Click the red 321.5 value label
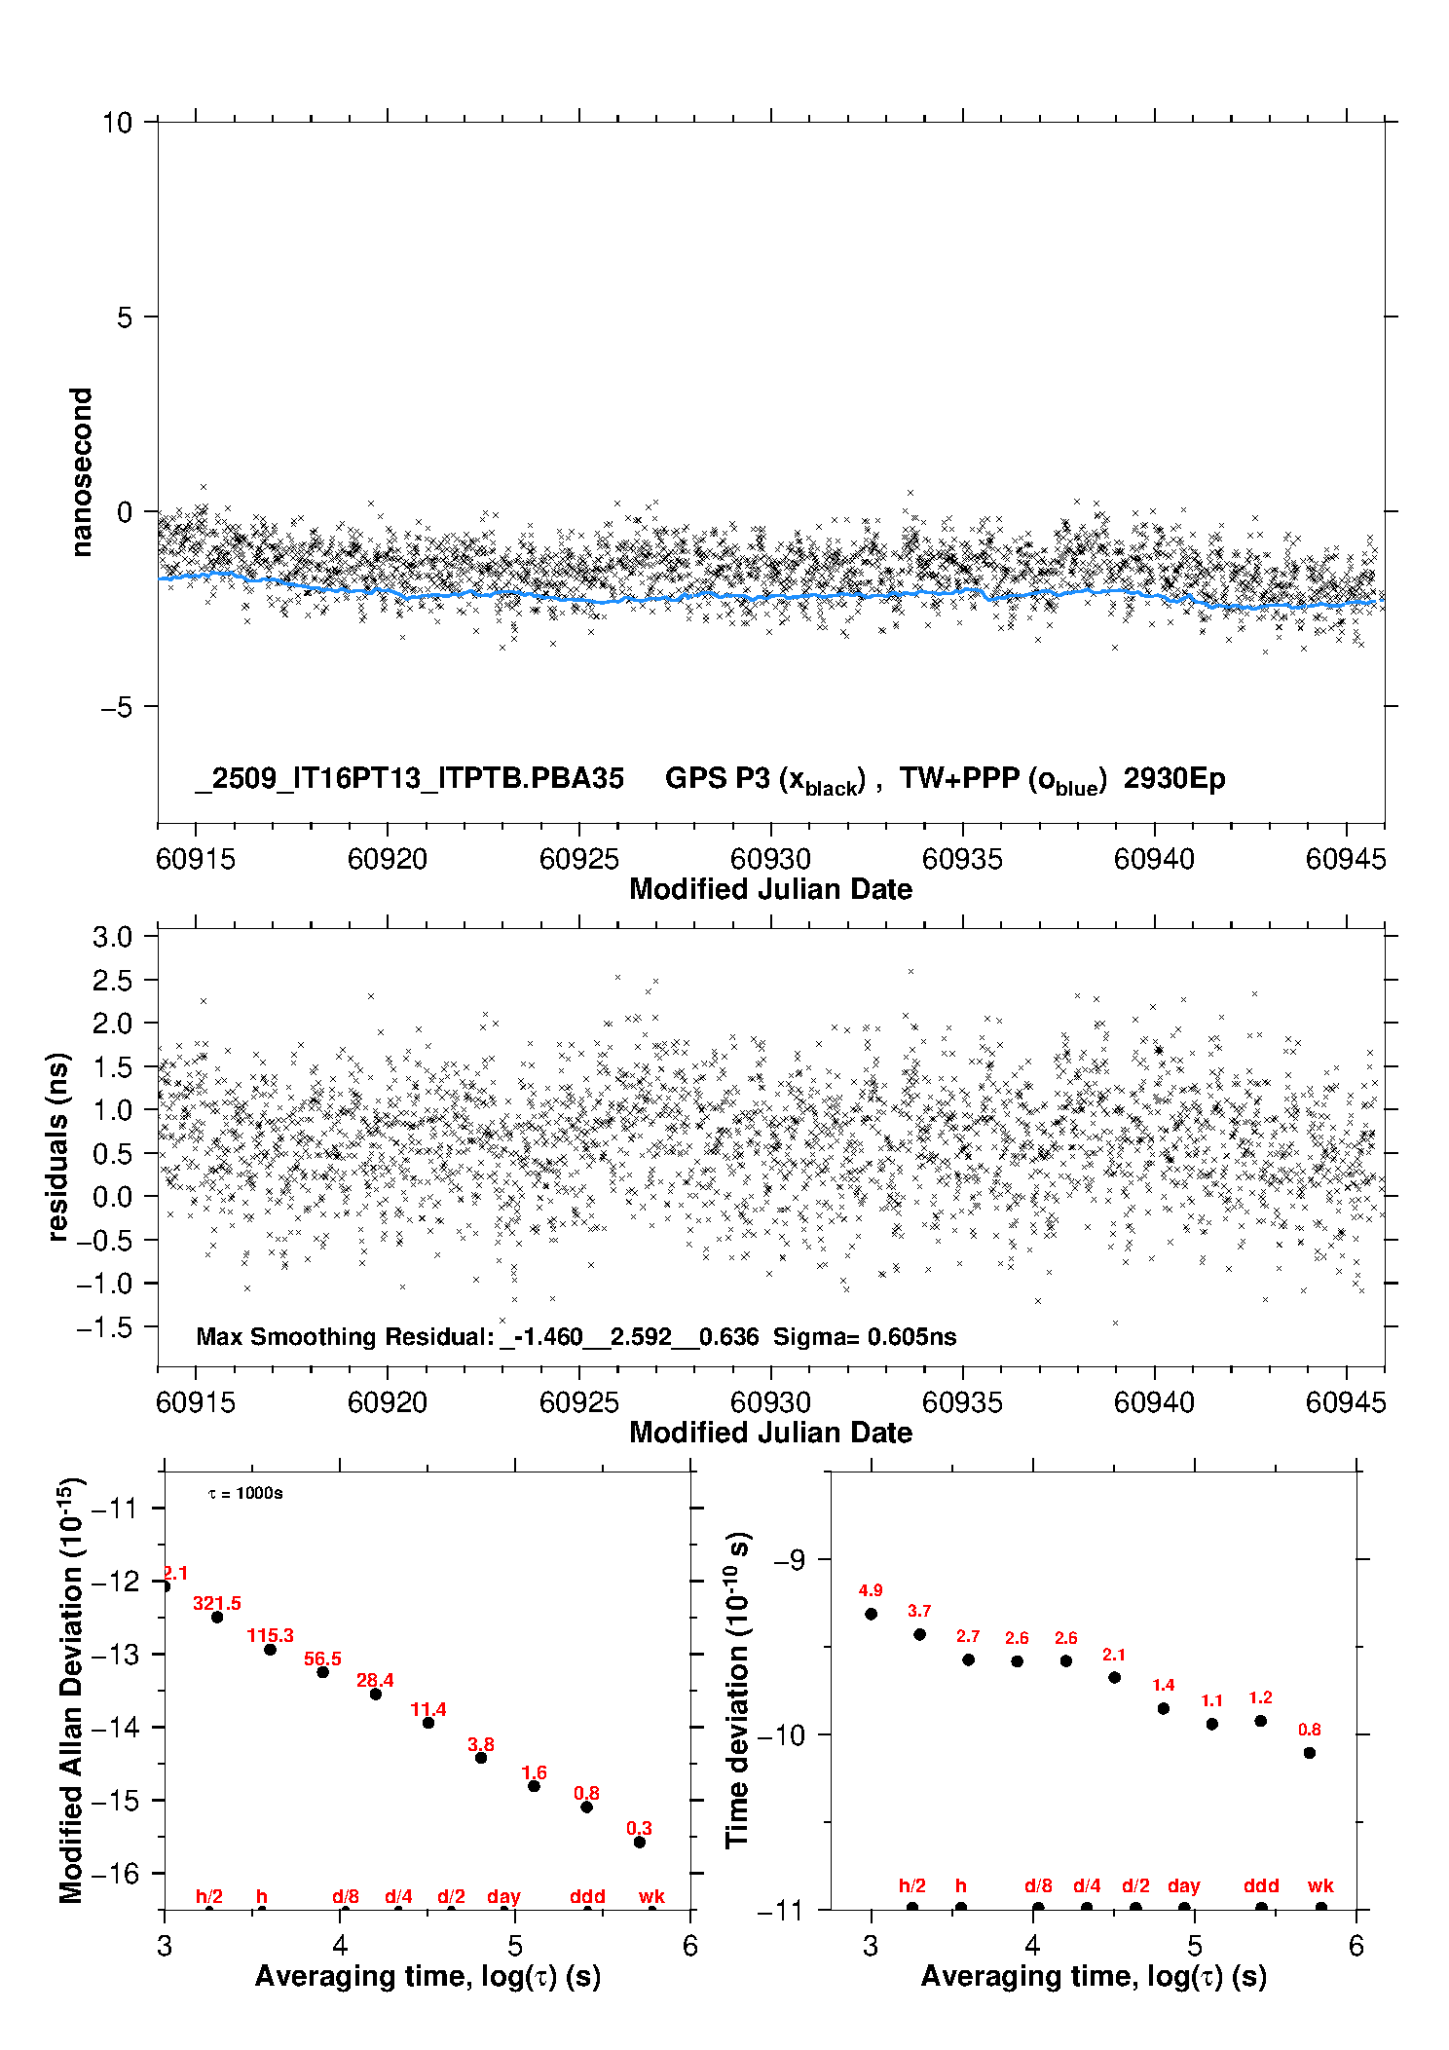click(x=216, y=1603)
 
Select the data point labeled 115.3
click(x=270, y=1650)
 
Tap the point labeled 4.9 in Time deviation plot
click(x=871, y=1614)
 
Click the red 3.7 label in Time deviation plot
click(x=919, y=1611)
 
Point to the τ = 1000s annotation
click(x=245, y=1494)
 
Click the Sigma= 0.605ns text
click(x=865, y=1336)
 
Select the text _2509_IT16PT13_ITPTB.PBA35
click(x=409, y=778)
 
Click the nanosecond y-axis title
click(x=81, y=471)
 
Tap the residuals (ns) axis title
click(x=58, y=1146)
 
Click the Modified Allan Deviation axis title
click(x=70, y=1689)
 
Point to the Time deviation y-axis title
click(x=737, y=1690)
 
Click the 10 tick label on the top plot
click(x=117, y=123)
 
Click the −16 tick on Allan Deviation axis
click(x=114, y=1872)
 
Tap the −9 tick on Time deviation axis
click(x=789, y=1560)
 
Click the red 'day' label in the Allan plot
click(x=503, y=1896)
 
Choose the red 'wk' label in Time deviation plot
click(x=1320, y=1885)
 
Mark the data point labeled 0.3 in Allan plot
click(x=640, y=1842)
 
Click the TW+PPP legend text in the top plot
click(x=1003, y=779)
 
